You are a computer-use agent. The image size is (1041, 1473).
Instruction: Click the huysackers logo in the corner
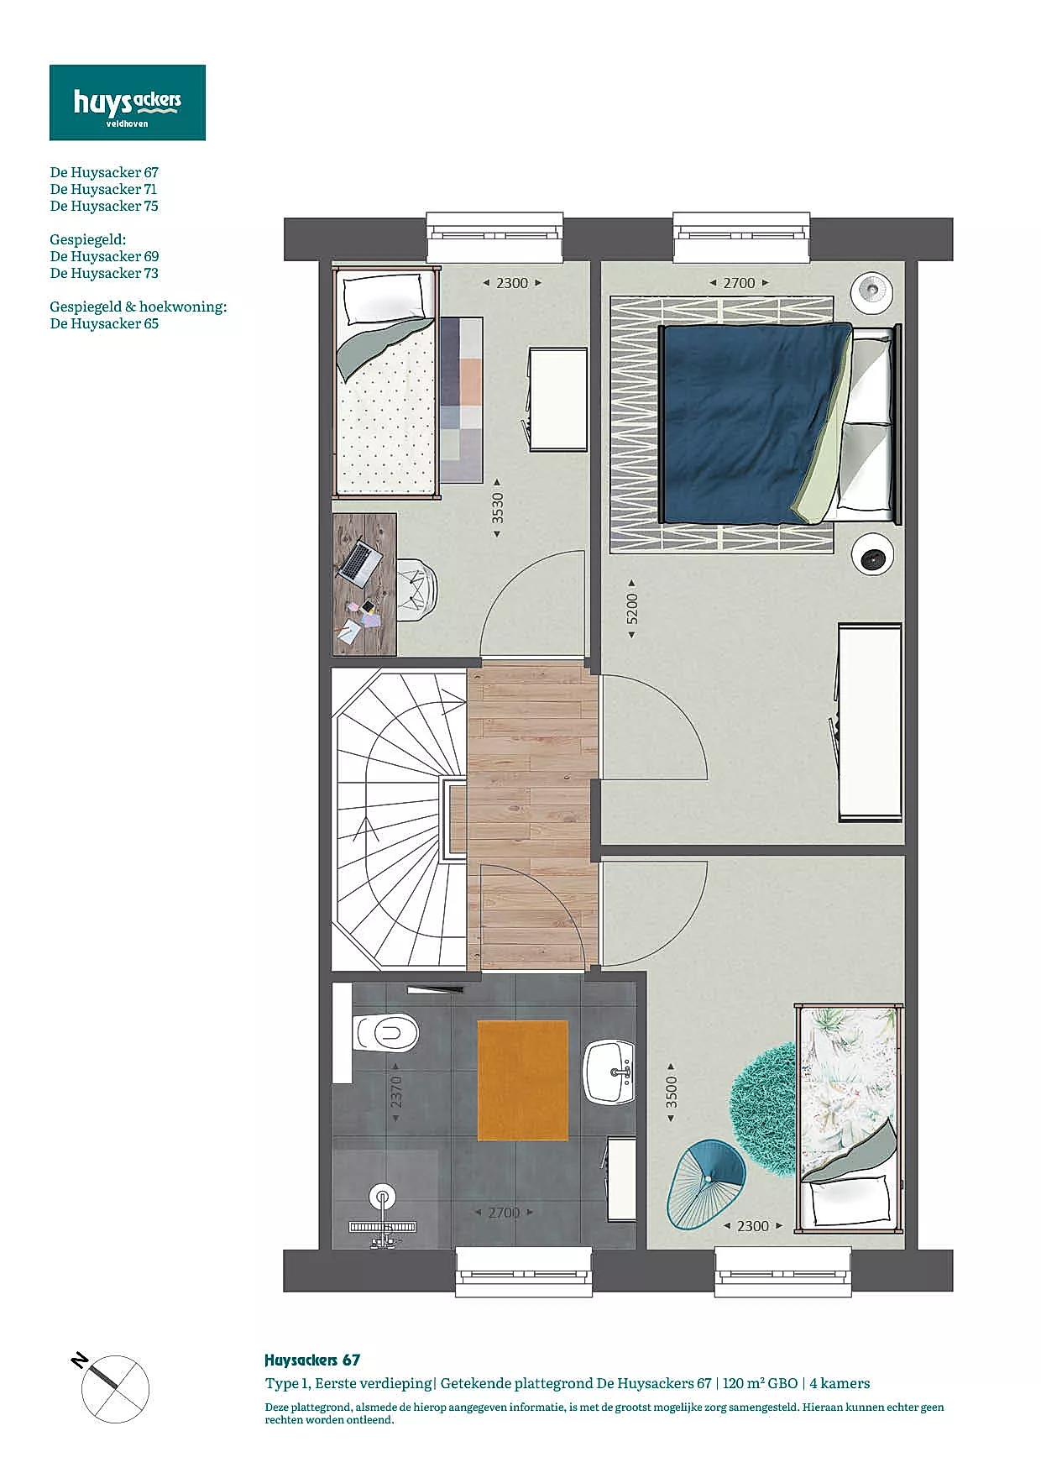pos(128,102)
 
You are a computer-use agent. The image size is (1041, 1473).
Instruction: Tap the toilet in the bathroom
pos(386,1033)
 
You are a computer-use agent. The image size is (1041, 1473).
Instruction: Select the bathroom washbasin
pos(609,1072)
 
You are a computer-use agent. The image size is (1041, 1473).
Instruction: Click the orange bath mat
pos(523,1080)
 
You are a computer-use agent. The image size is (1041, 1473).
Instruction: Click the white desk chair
pos(416,590)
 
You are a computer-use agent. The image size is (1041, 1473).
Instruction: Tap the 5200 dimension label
pos(632,609)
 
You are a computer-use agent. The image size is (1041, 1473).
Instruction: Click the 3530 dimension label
pos(498,508)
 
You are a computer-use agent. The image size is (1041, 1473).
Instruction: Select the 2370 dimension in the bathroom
pos(396,1092)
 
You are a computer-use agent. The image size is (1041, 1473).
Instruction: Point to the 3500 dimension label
pos(672,1092)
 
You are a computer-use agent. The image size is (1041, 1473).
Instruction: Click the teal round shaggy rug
pos(764,1096)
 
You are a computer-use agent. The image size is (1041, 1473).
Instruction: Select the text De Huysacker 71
pos(103,189)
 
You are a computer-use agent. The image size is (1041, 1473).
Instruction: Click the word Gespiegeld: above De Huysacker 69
pos(88,240)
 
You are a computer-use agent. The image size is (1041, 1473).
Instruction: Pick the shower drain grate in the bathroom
pos(383,1227)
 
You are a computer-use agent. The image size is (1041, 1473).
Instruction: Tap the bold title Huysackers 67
pos(312,1360)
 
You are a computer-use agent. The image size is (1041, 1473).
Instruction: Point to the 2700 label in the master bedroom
pos(739,283)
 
